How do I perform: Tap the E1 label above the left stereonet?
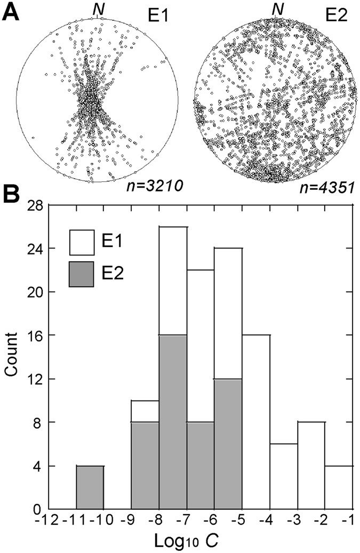click(158, 13)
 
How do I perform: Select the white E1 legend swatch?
click(82, 243)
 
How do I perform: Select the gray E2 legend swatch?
click(82, 274)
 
